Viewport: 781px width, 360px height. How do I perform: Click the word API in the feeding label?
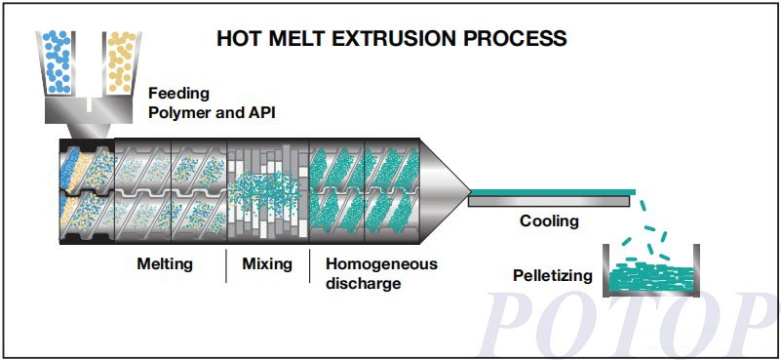(x=260, y=113)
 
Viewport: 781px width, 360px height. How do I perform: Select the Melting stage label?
(x=164, y=263)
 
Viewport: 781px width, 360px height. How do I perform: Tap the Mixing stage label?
(x=267, y=263)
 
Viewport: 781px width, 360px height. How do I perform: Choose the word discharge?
(x=363, y=284)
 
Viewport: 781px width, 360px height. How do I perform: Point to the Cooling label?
(x=548, y=221)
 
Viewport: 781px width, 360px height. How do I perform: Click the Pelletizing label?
(x=552, y=275)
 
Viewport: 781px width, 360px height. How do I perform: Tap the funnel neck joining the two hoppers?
(x=89, y=114)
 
